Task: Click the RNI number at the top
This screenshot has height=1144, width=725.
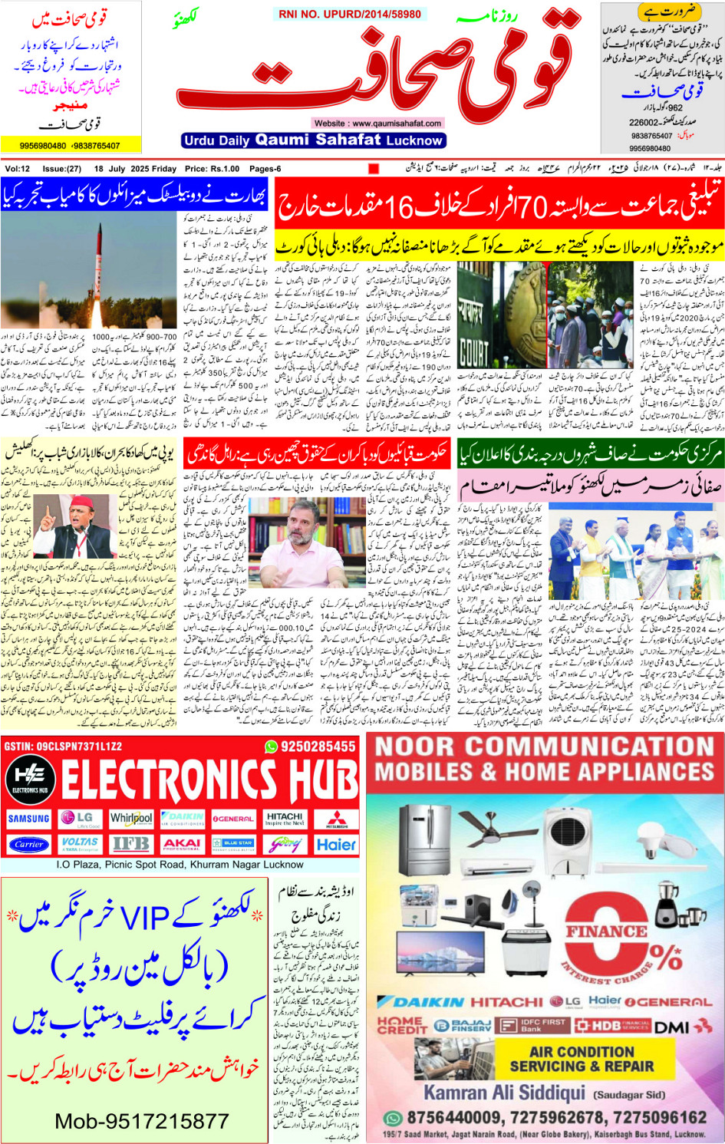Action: (350, 14)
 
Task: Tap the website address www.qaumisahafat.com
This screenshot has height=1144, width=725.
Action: (377, 123)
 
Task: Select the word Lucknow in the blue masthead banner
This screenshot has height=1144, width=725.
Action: (414, 140)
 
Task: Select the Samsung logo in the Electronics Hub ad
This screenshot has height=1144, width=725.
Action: (29, 819)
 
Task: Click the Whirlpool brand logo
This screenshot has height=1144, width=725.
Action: (130, 819)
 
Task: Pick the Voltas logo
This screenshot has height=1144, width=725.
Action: (80, 844)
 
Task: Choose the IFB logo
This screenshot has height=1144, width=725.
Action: (130, 844)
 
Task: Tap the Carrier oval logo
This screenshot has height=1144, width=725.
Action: (29, 844)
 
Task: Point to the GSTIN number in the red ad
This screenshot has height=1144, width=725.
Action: (63, 747)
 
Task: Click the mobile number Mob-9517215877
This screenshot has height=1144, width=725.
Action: (141, 1121)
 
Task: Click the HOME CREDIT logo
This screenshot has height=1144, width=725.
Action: (400, 1025)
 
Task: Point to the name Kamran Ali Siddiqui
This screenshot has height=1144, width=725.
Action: (504, 1093)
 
